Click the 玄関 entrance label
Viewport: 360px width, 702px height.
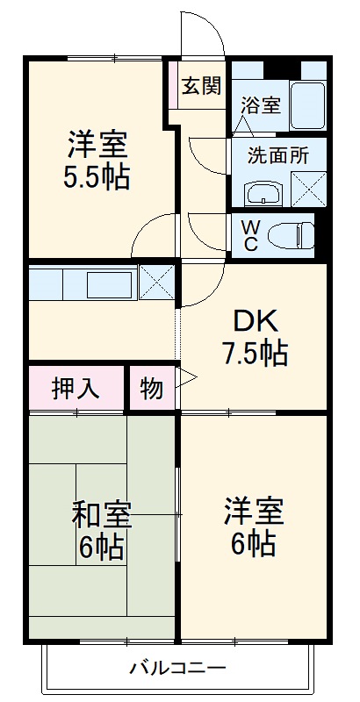tap(201, 86)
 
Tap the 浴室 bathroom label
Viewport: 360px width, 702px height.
tap(261, 105)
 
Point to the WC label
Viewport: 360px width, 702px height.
tap(250, 235)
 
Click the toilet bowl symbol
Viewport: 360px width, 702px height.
tap(289, 235)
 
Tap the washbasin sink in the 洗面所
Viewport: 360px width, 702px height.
tap(262, 190)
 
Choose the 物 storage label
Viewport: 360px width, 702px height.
tap(152, 388)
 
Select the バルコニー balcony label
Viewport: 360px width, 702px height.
tap(178, 668)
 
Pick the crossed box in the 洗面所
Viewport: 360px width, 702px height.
tap(306, 188)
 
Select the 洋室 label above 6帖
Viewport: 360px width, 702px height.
tap(252, 510)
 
